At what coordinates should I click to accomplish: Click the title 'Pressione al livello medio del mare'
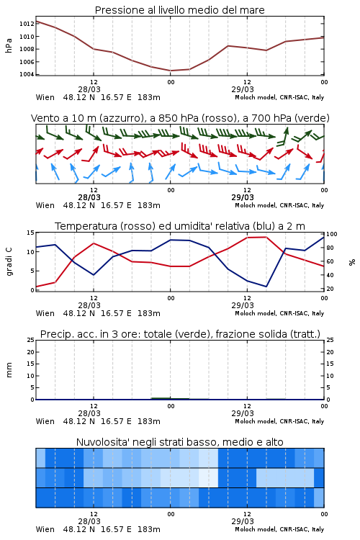pos(180,10)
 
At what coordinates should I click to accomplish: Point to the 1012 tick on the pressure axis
pos(27,24)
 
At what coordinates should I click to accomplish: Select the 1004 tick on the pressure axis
pos(27,74)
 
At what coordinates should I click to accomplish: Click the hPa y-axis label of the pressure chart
pos(9,45)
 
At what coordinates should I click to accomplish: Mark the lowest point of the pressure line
pos(171,71)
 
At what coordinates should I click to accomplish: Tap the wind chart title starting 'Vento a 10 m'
pos(180,118)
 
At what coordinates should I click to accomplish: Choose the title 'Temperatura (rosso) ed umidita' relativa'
pos(180,226)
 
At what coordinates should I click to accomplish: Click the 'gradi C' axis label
pos(9,261)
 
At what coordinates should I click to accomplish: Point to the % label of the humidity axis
pos(352,262)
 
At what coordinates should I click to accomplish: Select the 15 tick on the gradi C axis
pos(31,233)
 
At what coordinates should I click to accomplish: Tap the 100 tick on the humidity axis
pos(332,234)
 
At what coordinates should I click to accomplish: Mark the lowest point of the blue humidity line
pos(266,287)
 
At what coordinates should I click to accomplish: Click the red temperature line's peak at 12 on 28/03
pos(94,243)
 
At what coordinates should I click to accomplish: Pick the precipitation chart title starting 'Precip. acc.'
pos(180,334)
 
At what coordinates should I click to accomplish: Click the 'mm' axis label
pos(9,369)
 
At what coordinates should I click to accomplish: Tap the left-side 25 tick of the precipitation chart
pos(31,340)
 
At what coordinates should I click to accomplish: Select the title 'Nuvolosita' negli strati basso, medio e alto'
pos(180,442)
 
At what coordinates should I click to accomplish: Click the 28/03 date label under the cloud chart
pos(89,521)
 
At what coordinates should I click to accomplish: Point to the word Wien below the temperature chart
pos(45,313)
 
